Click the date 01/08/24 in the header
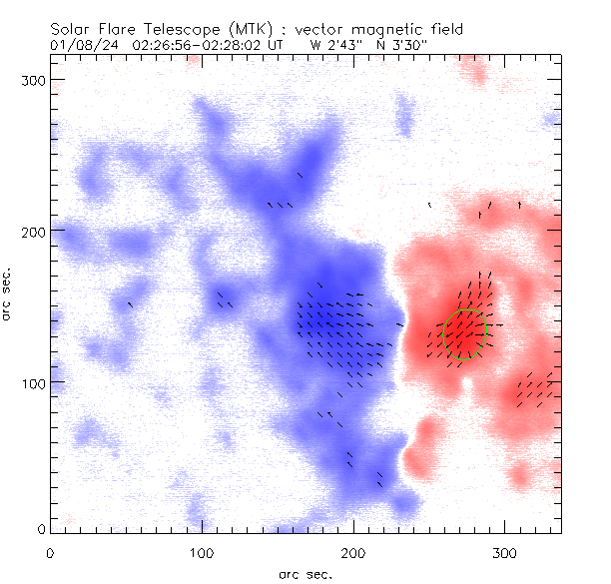(x=78, y=45)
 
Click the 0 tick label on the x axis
(x=50, y=551)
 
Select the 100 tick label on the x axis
(x=202, y=551)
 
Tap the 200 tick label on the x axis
(x=353, y=551)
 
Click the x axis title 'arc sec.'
(x=305, y=574)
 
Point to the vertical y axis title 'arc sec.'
(x=8, y=294)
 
